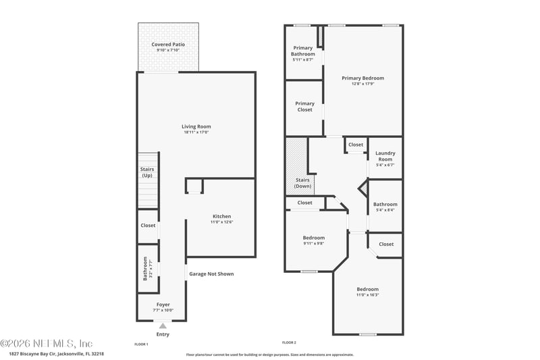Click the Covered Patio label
[x=168, y=45]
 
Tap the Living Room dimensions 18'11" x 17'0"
[x=196, y=132]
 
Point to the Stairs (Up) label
[x=147, y=172]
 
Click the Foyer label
[x=163, y=305]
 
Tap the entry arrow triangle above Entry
[x=163, y=326]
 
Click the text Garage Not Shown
[x=211, y=274]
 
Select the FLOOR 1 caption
[x=141, y=344]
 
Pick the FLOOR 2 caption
[x=289, y=344]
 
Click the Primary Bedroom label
[x=362, y=78]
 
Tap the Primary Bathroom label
[x=302, y=51]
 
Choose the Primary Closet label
[x=304, y=107]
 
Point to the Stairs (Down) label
[x=302, y=183]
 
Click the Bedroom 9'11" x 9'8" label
[x=313, y=238]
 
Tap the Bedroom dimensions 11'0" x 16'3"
[x=368, y=295]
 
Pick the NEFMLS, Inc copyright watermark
[x=47, y=343]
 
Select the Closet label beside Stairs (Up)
[x=148, y=226]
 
